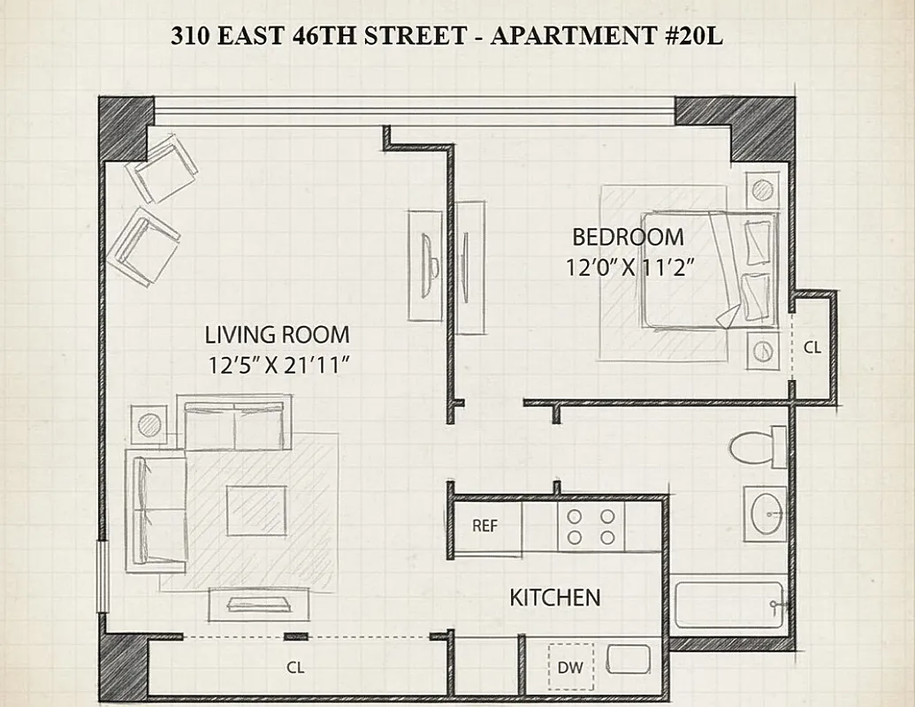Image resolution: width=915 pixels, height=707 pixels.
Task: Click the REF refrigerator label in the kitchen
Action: pos(484,526)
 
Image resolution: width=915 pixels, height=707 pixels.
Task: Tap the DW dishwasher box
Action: pos(571,667)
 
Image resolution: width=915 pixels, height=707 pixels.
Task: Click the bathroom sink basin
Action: pos(765,513)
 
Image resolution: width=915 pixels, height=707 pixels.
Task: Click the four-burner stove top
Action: pos(591,527)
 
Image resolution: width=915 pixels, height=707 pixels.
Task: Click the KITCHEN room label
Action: pos(554,597)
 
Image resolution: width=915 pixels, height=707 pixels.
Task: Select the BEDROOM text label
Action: pos(628,237)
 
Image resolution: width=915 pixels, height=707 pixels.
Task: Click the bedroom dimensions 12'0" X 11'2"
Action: pos(628,267)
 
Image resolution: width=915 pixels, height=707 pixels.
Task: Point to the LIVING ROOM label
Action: pos(277,335)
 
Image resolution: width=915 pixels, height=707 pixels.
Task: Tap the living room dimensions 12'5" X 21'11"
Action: pos(277,365)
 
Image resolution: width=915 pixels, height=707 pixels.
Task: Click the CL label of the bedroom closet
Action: pos(812,348)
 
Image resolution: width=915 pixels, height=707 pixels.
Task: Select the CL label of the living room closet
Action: pos(295,668)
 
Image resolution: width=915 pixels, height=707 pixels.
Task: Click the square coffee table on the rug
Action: pos(255,511)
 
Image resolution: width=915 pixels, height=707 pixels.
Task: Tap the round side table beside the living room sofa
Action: pos(148,425)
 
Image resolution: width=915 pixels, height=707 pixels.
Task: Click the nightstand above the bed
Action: pos(762,189)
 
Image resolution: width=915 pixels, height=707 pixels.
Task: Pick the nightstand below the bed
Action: pos(762,351)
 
